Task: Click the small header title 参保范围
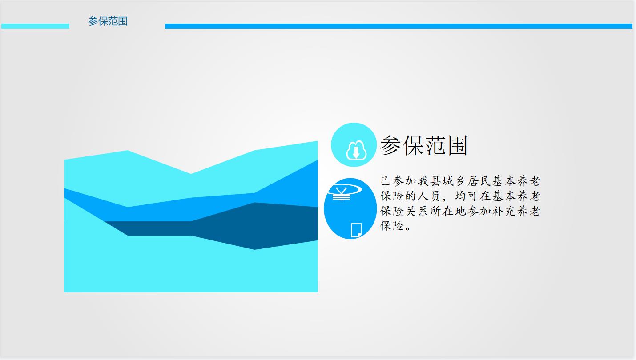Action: (108, 21)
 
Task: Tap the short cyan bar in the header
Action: (35, 26)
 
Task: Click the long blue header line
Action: (399, 26)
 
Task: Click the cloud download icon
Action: (356, 150)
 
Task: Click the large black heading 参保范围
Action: (423, 145)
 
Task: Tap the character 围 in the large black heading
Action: (457, 145)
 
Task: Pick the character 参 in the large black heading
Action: (390, 145)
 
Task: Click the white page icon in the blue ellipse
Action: (356, 230)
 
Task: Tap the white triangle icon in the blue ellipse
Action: (341, 190)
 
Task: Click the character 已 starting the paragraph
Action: (386, 181)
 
